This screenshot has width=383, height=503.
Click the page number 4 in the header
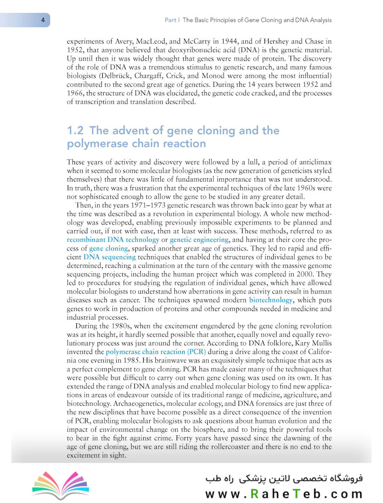(x=42, y=20)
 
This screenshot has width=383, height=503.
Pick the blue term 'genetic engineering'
(x=199, y=240)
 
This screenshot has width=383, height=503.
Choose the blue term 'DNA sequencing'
(x=110, y=257)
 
